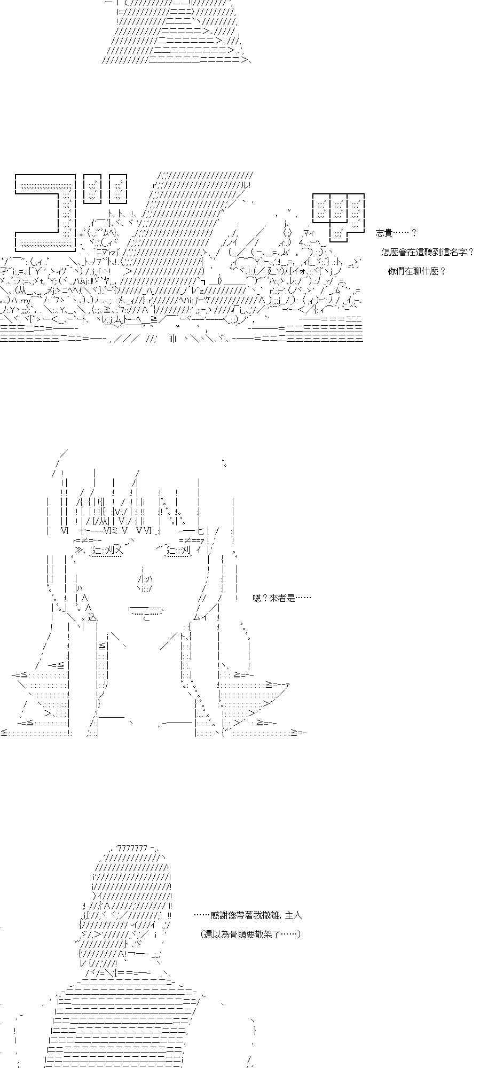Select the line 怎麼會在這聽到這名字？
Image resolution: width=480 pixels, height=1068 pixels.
(428, 252)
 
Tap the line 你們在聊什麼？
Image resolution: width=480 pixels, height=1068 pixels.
(416, 271)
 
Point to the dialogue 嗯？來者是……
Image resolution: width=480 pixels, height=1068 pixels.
(281, 598)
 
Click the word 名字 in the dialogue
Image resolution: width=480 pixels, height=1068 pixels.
(458, 252)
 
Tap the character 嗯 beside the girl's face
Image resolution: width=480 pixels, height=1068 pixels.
(257, 598)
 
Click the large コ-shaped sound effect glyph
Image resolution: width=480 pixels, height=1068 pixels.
(45, 212)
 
